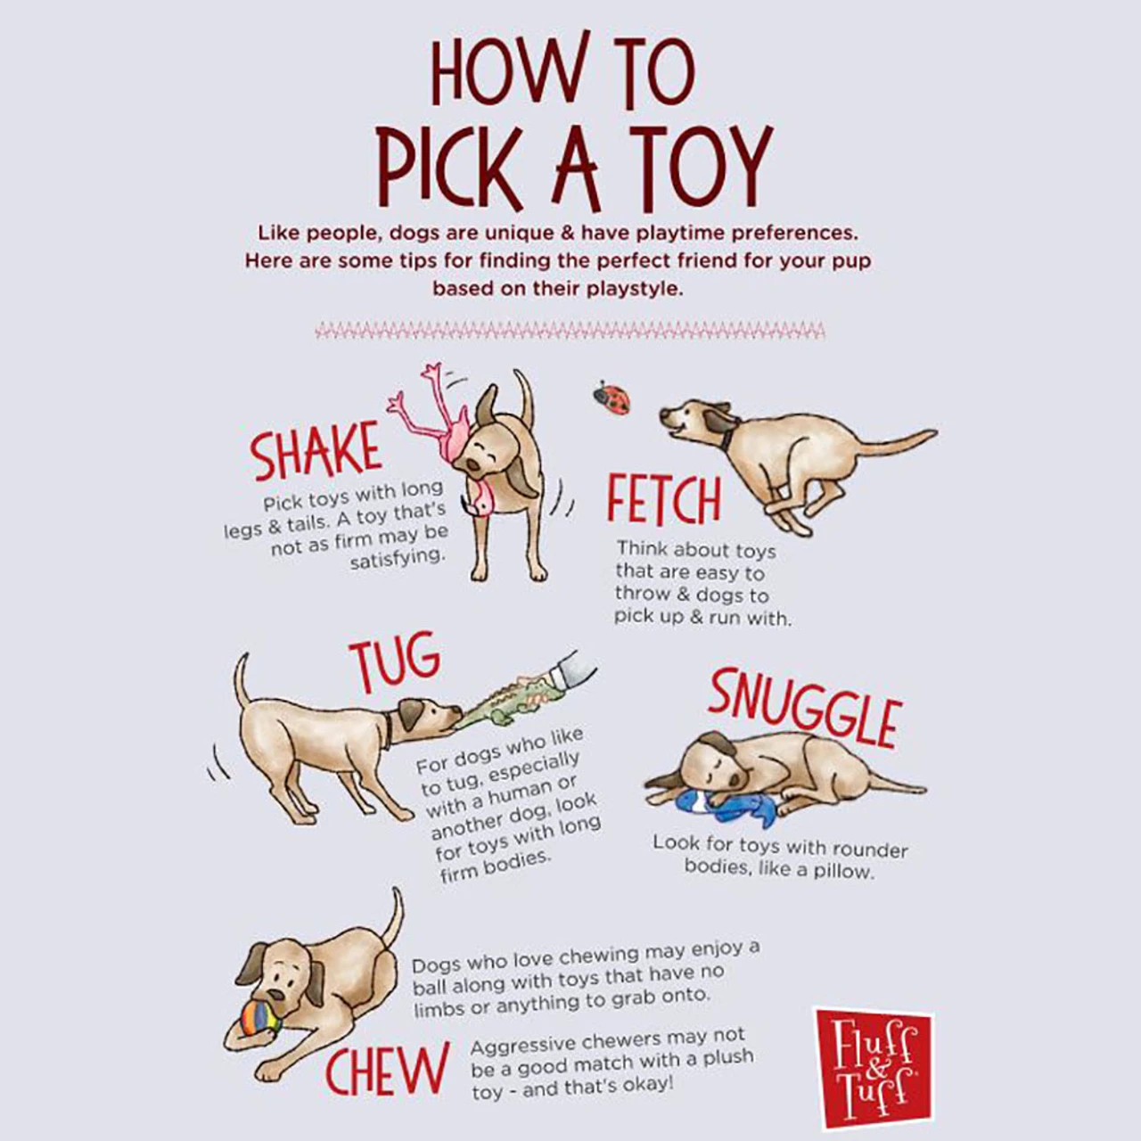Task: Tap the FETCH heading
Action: [663, 501]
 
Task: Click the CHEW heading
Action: [386, 1071]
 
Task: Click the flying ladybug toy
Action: [612, 397]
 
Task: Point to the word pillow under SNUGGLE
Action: [841, 871]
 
